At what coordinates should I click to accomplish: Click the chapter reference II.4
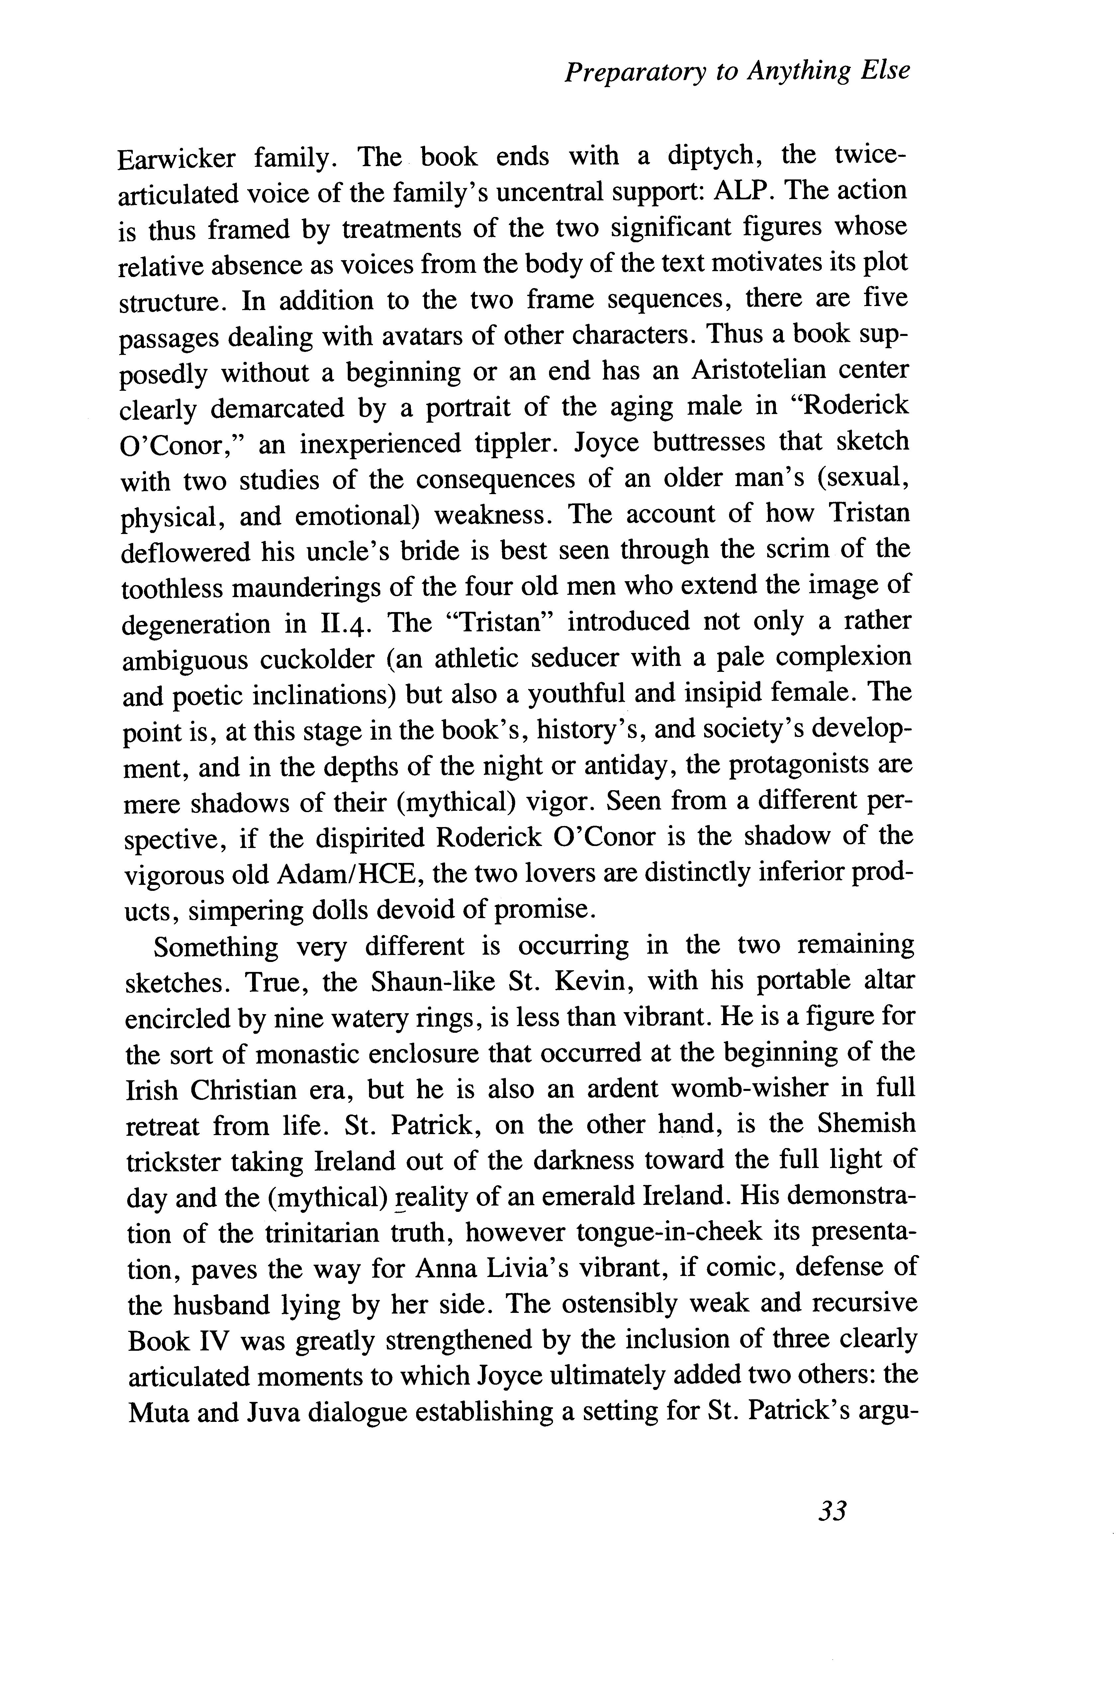coord(343,624)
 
